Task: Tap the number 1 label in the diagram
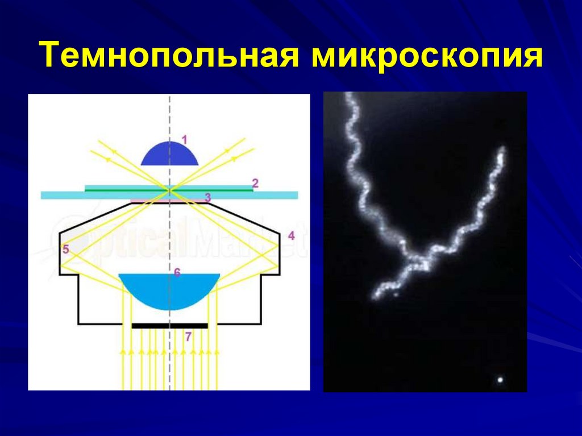[184, 138]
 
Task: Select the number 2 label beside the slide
[255, 183]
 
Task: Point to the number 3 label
[208, 197]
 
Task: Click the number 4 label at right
[291, 235]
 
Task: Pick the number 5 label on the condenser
[65, 249]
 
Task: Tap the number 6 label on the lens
[177, 273]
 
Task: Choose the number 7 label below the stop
[189, 337]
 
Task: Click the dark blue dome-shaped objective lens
[169, 155]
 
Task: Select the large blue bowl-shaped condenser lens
[169, 290]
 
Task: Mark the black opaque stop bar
[169, 326]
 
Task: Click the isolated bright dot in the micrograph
[500, 380]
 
